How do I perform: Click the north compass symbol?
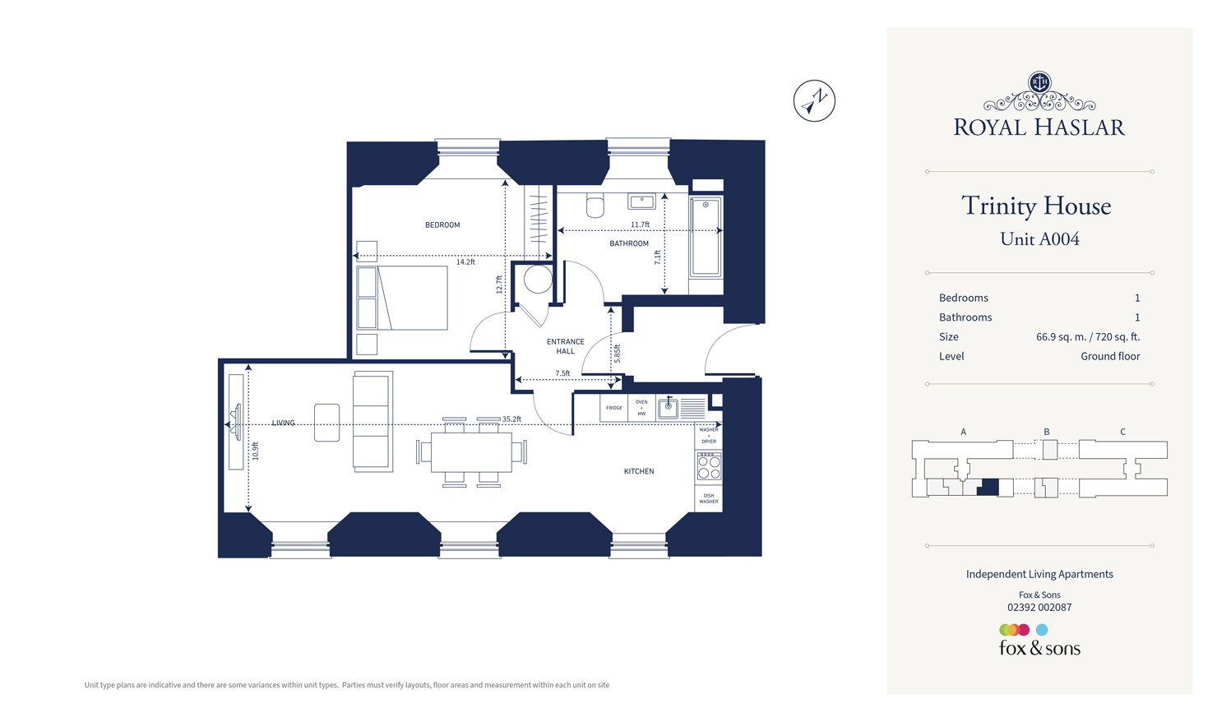814,101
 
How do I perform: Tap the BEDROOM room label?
442,224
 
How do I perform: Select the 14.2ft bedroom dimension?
465,262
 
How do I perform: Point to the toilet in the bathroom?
595,206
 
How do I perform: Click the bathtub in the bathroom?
706,236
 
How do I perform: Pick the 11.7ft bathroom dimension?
640,224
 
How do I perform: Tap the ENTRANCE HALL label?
566,346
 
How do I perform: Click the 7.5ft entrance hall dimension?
562,373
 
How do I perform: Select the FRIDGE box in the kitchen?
614,408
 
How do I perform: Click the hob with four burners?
709,466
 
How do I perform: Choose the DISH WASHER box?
709,498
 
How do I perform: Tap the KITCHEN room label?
639,471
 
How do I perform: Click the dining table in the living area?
471,452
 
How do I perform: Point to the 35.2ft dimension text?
511,419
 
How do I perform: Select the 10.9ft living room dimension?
256,451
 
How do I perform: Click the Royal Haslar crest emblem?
1039,82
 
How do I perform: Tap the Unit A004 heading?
1039,239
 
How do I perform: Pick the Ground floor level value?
1110,356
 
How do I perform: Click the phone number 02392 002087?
1039,608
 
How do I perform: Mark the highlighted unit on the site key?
988,486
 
